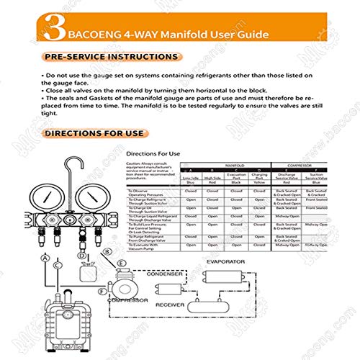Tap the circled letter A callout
point(45,257)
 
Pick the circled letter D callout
point(82,255)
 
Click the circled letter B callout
point(107,251)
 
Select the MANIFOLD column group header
point(228,165)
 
